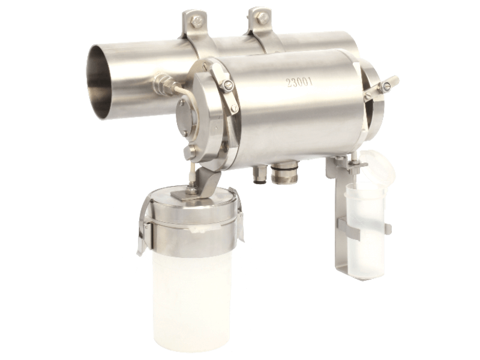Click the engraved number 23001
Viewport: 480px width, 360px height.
pyautogui.click(x=299, y=82)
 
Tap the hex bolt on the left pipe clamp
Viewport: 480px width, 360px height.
pyautogui.click(x=195, y=22)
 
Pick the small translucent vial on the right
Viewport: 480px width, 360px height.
pyautogui.click(x=365, y=226)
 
